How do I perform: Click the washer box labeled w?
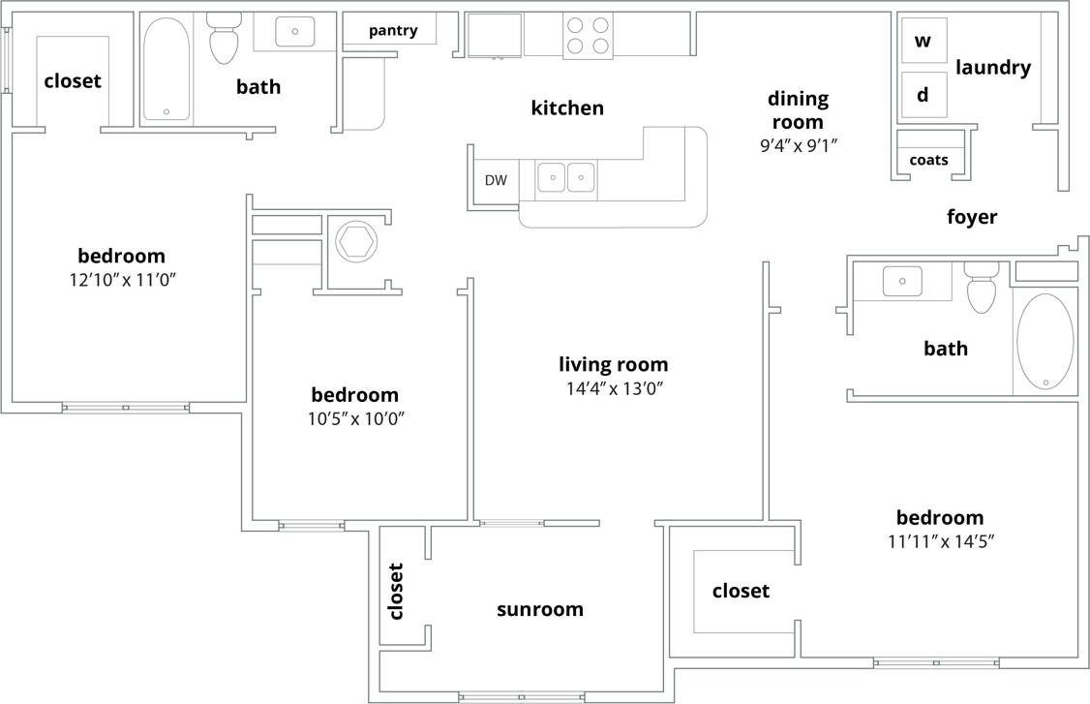coord(923,41)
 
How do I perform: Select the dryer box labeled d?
coord(923,95)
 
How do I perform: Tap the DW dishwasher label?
coord(496,180)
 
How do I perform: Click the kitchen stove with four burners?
coord(588,36)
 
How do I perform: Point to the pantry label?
coord(393,30)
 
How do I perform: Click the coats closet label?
coord(928,160)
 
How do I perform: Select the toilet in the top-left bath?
coord(223,39)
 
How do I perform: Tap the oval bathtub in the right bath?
coord(1045,341)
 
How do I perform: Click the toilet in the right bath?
coord(982,287)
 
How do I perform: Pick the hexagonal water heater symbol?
coord(356,241)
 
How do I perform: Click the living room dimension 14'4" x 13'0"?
coord(613,389)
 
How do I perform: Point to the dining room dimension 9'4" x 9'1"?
coord(798,146)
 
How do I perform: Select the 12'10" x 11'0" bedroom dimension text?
coord(121,280)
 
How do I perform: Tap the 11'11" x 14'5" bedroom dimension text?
coord(940,541)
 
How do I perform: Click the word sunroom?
coord(540,609)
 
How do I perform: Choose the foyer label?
coord(971,217)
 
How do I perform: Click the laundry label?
coord(992,68)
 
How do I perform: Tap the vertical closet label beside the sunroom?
coord(395,591)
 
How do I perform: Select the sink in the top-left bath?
coord(294,32)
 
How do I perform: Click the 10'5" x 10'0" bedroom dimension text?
coord(354,419)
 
